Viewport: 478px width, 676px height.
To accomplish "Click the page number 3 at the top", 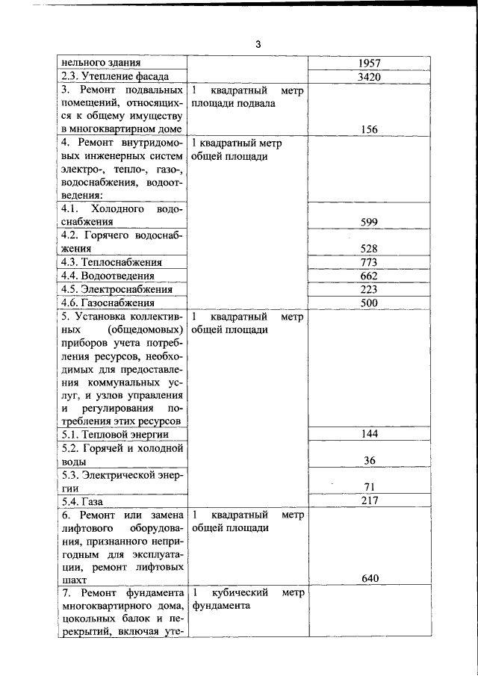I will click(x=258, y=44).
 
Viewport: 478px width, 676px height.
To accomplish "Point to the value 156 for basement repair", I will click(x=369, y=129).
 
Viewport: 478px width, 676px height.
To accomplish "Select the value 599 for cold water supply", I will click(x=369, y=222).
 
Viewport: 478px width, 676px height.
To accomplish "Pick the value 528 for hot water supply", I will click(x=369, y=249).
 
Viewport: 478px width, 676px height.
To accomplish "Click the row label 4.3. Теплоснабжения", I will click(x=112, y=262).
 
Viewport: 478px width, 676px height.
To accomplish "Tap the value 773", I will click(x=369, y=262).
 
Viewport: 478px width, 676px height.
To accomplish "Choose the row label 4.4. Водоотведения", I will click(x=108, y=276).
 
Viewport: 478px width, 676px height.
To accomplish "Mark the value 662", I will click(x=369, y=276).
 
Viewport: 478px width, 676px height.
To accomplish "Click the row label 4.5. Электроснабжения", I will click(x=117, y=289).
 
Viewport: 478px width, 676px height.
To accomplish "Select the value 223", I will click(x=369, y=289).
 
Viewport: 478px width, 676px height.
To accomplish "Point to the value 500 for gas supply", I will click(x=369, y=303).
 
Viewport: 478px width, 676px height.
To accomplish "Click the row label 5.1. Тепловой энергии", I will click(x=115, y=434).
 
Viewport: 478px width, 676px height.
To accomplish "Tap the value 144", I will click(x=369, y=434).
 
